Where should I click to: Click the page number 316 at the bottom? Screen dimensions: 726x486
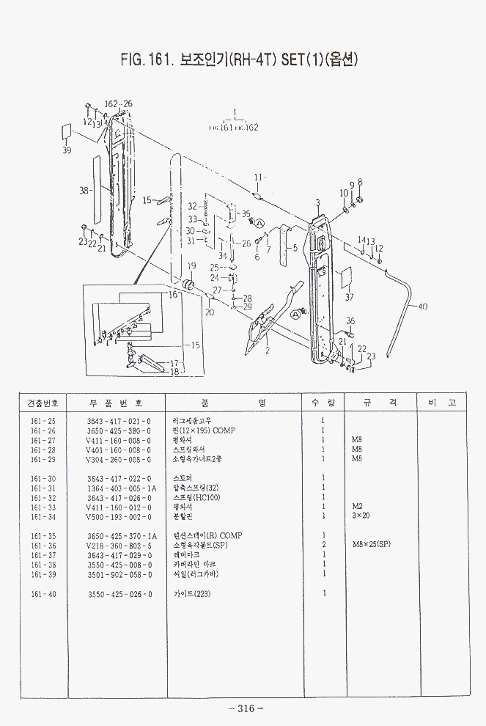click(246, 708)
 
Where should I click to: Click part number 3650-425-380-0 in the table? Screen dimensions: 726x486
click(118, 430)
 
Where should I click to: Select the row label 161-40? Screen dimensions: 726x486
click(43, 593)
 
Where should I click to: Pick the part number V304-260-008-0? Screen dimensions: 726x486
click(118, 459)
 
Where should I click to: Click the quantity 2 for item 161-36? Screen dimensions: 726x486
click(323, 546)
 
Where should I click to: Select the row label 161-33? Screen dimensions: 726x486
click(43, 507)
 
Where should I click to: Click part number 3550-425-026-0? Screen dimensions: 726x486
click(118, 593)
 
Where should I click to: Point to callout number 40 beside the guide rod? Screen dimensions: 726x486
click(422, 307)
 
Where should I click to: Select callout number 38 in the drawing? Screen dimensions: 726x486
click(84, 191)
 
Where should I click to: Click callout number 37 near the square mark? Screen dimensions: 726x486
click(350, 297)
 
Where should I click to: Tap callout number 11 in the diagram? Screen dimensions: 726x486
click(258, 177)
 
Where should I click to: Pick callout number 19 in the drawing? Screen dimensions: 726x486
click(191, 266)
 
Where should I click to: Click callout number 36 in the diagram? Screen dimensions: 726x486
click(350, 320)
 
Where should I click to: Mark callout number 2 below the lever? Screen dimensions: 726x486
click(268, 351)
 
